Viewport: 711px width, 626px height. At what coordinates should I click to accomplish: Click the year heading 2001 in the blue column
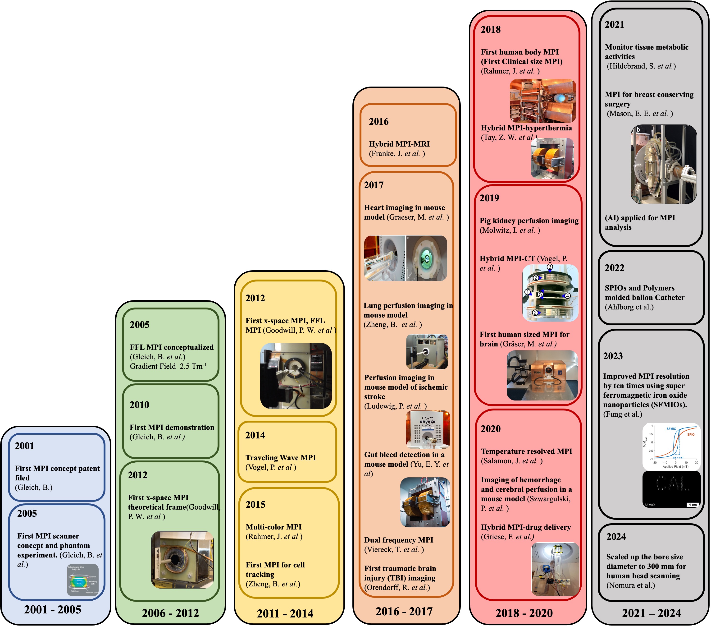click(25, 446)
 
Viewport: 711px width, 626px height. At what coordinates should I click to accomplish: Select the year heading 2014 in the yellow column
click(255, 435)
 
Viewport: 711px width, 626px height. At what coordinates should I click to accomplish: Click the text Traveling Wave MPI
click(280, 458)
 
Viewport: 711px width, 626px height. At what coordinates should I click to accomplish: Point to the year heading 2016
click(378, 121)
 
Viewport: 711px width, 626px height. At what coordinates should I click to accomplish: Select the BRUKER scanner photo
click(428, 429)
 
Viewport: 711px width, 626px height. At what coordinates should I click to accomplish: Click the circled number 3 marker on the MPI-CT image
click(550, 267)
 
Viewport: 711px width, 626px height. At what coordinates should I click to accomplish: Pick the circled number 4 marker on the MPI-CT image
click(567, 296)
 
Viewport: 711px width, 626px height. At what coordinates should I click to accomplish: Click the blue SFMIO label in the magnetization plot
click(671, 429)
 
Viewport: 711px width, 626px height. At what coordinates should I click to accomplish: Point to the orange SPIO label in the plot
click(690, 434)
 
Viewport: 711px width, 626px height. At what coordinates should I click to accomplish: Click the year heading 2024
click(616, 537)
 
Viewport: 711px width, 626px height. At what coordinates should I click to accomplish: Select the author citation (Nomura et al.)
click(631, 585)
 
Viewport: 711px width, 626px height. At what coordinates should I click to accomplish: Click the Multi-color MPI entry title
click(273, 527)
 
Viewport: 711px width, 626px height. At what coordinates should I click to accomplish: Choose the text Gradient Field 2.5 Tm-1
click(168, 366)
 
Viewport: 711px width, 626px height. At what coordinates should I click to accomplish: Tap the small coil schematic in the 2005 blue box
click(83, 580)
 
